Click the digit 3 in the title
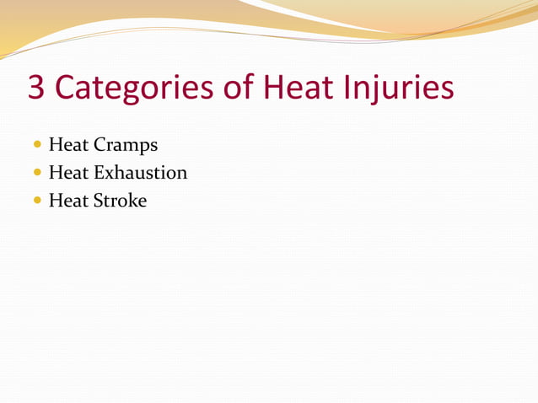pyautogui.click(x=37, y=89)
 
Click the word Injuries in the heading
pyautogui.click(x=401, y=89)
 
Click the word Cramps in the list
pyautogui.click(x=126, y=145)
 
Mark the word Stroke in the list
pyautogui.click(x=120, y=201)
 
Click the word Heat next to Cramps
pyautogui.click(x=68, y=145)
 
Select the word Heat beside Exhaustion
pyautogui.click(x=68, y=173)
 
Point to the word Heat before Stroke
pyautogui.click(x=68, y=201)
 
